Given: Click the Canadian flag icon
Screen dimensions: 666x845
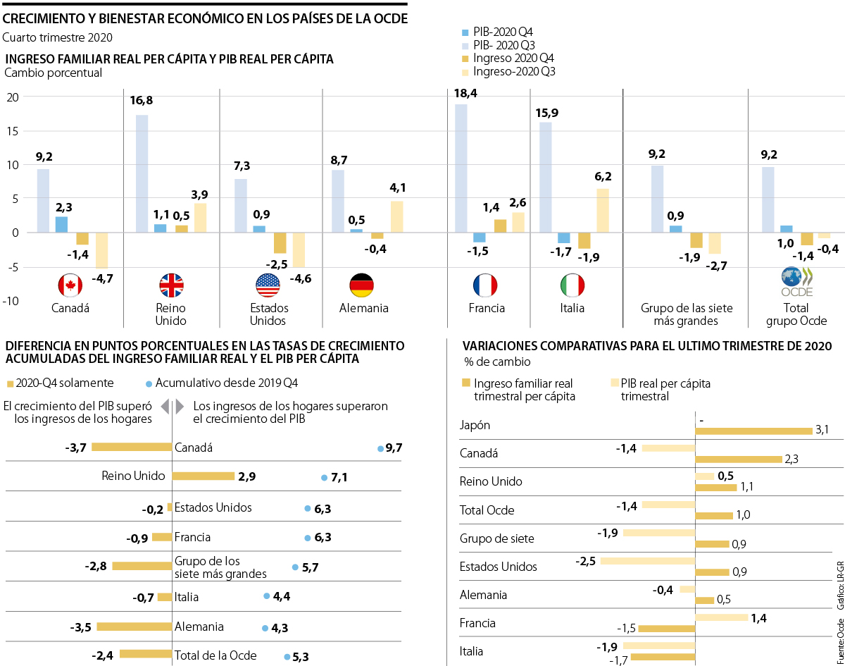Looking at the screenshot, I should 70,285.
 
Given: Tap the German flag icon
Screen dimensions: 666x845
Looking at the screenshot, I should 361,285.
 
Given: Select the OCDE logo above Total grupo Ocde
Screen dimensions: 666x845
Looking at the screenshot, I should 796,281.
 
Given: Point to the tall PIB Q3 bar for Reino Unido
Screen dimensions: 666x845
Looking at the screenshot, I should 142,173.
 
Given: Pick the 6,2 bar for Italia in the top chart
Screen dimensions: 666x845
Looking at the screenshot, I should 603,210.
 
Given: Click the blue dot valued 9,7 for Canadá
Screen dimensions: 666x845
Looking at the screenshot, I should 380,448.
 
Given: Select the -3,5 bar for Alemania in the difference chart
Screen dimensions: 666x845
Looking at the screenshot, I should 134,607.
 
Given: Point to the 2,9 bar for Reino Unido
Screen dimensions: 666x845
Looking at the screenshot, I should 203,476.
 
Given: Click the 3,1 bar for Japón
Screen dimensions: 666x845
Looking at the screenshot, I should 753,431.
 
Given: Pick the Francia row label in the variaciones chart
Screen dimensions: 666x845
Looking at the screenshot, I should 477,623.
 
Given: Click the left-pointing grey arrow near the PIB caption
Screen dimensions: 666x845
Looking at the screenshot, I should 165,407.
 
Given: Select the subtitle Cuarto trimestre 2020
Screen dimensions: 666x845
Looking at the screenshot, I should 58,37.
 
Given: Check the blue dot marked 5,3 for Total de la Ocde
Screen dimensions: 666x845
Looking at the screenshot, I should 287,657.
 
